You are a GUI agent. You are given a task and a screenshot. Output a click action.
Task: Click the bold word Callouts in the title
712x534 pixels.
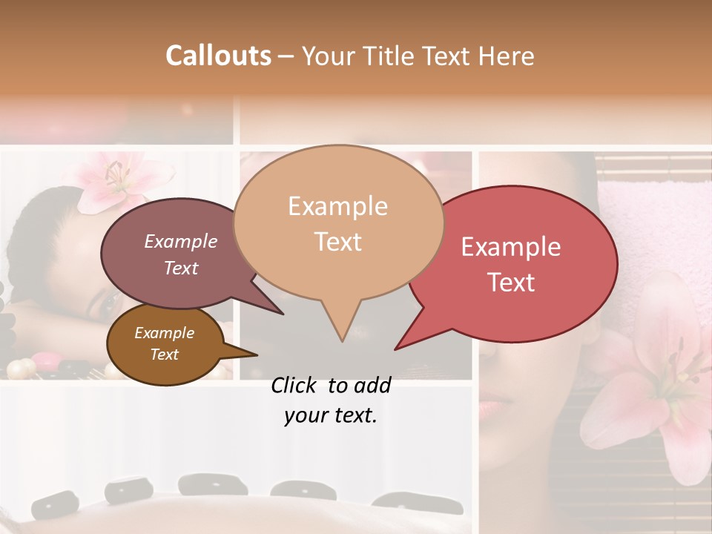(218, 56)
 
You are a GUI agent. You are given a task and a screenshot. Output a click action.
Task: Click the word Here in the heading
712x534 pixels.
(507, 56)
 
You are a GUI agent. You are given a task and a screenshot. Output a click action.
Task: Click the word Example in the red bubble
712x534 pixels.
(511, 247)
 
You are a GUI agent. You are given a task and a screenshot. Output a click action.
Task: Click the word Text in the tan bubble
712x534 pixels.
(338, 242)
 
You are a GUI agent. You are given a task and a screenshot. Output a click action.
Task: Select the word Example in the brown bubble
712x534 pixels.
(164, 333)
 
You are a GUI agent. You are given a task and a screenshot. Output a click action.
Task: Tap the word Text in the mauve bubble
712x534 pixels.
(181, 268)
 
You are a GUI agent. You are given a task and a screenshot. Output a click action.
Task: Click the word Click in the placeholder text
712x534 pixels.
(295, 385)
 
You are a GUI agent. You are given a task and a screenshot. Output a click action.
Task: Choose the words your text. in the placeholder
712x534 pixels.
(331, 415)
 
